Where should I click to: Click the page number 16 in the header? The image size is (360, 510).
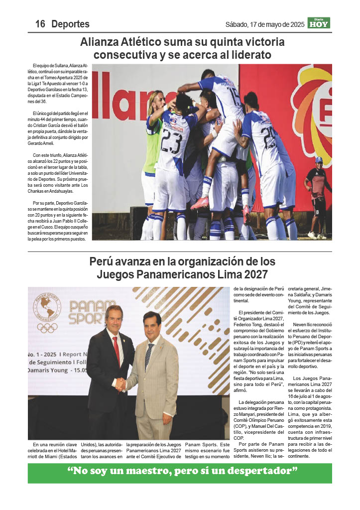point(40,24)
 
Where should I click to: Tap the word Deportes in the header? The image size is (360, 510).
point(70,24)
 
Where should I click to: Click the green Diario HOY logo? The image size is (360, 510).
point(319,23)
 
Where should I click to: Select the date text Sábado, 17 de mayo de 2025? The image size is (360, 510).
point(264,24)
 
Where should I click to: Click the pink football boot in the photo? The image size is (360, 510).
point(200,203)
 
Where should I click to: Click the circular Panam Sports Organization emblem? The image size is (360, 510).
point(47,306)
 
